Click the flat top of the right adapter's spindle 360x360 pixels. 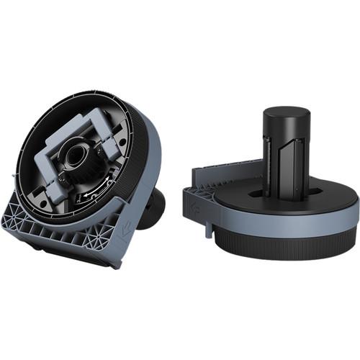point(286,116)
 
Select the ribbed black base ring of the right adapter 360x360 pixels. point(288,245)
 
